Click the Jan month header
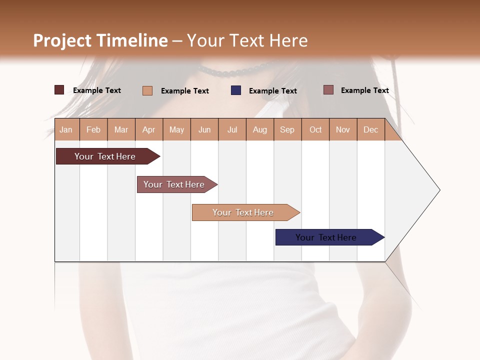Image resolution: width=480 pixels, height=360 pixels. pos(66,129)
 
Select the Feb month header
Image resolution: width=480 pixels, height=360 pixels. pos(93,129)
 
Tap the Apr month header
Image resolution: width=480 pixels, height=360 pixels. pos(148,129)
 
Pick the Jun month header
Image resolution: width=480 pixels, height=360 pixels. pos(204,129)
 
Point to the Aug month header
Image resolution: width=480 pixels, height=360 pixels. pos(259,129)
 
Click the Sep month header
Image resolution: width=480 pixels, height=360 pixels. pos(287,129)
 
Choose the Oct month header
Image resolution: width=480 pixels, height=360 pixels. pos(315,129)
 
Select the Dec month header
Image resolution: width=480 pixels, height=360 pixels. pos(370,129)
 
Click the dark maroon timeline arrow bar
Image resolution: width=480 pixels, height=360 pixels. pos(105,156)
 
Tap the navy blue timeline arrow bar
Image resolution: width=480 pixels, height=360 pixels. pos(326,237)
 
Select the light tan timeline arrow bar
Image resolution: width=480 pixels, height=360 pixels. pos(243,212)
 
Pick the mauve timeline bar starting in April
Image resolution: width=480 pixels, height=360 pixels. pos(174,184)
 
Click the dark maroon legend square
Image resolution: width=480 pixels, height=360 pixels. pos(59,90)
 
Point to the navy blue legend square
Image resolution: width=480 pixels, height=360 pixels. pos(236,90)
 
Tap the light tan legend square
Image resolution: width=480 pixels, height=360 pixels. pos(147,90)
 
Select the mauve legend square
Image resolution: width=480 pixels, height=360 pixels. pos(328,90)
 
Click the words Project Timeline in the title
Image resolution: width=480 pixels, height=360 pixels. pos(100,40)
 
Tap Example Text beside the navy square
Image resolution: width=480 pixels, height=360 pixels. pos(272,90)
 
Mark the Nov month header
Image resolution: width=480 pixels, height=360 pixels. pos(343,129)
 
